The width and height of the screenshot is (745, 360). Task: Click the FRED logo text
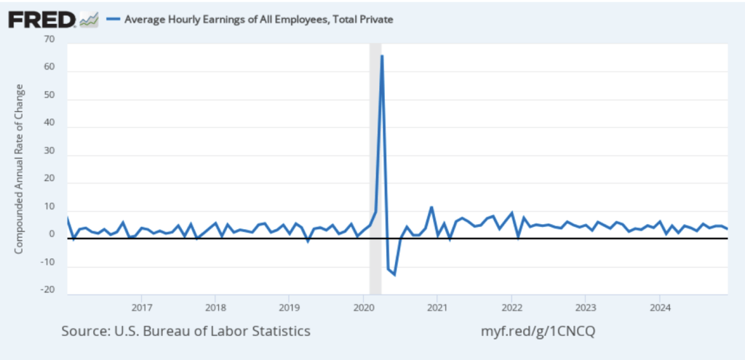(42, 19)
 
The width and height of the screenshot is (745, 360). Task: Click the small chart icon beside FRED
(89, 20)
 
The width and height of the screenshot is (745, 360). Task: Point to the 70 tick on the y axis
(49, 40)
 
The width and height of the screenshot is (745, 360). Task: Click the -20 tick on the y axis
(48, 289)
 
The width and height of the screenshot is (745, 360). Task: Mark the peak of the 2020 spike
(382, 56)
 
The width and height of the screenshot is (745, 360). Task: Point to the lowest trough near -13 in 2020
(394, 274)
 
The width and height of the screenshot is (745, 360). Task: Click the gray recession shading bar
(375, 167)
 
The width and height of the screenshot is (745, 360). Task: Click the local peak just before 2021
(431, 207)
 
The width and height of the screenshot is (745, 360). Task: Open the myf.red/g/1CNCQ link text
(538, 331)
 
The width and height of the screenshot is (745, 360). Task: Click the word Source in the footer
(84, 331)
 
